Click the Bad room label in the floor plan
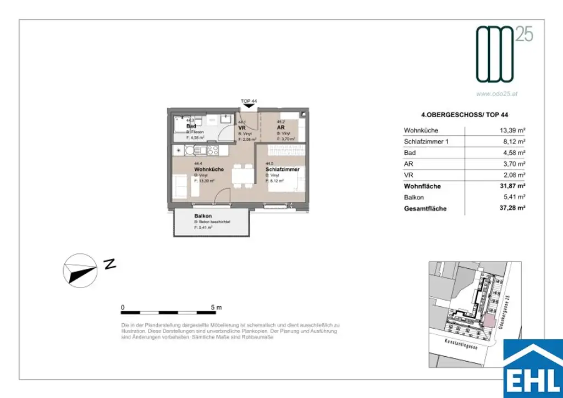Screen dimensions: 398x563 pyautogui.click(x=191, y=126)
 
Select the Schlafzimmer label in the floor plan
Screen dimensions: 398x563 pyautogui.click(x=282, y=170)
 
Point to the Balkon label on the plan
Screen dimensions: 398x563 pyautogui.click(x=202, y=216)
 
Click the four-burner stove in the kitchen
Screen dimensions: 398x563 pyautogui.click(x=212, y=150)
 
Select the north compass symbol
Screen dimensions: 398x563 pyautogui.click(x=80, y=269)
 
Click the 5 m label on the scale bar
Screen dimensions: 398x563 pyautogui.click(x=216, y=307)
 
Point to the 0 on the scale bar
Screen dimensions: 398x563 pyautogui.click(x=123, y=307)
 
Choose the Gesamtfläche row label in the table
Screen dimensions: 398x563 pyautogui.click(x=425, y=209)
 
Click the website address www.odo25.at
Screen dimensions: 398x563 pyautogui.click(x=496, y=94)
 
